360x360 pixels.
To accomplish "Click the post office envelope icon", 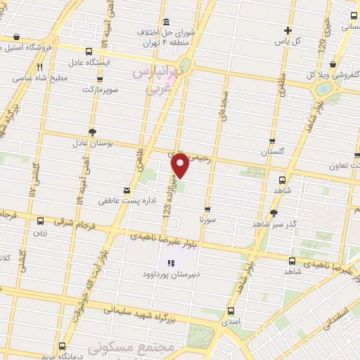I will click(x=127, y=190).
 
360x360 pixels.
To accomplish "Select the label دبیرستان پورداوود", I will click(x=169, y=275).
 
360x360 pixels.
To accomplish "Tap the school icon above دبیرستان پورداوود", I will click(x=169, y=264).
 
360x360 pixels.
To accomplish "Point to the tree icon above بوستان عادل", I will click(x=93, y=132).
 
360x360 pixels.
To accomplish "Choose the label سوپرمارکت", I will click(x=98, y=90).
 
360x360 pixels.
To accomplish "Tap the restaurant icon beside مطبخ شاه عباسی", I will click(x=38, y=67).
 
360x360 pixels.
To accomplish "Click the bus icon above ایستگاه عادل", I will click(x=89, y=51).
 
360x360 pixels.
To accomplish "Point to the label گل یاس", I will click(x=288, y=40).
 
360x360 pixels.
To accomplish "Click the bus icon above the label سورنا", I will click(x=207, y=209).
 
